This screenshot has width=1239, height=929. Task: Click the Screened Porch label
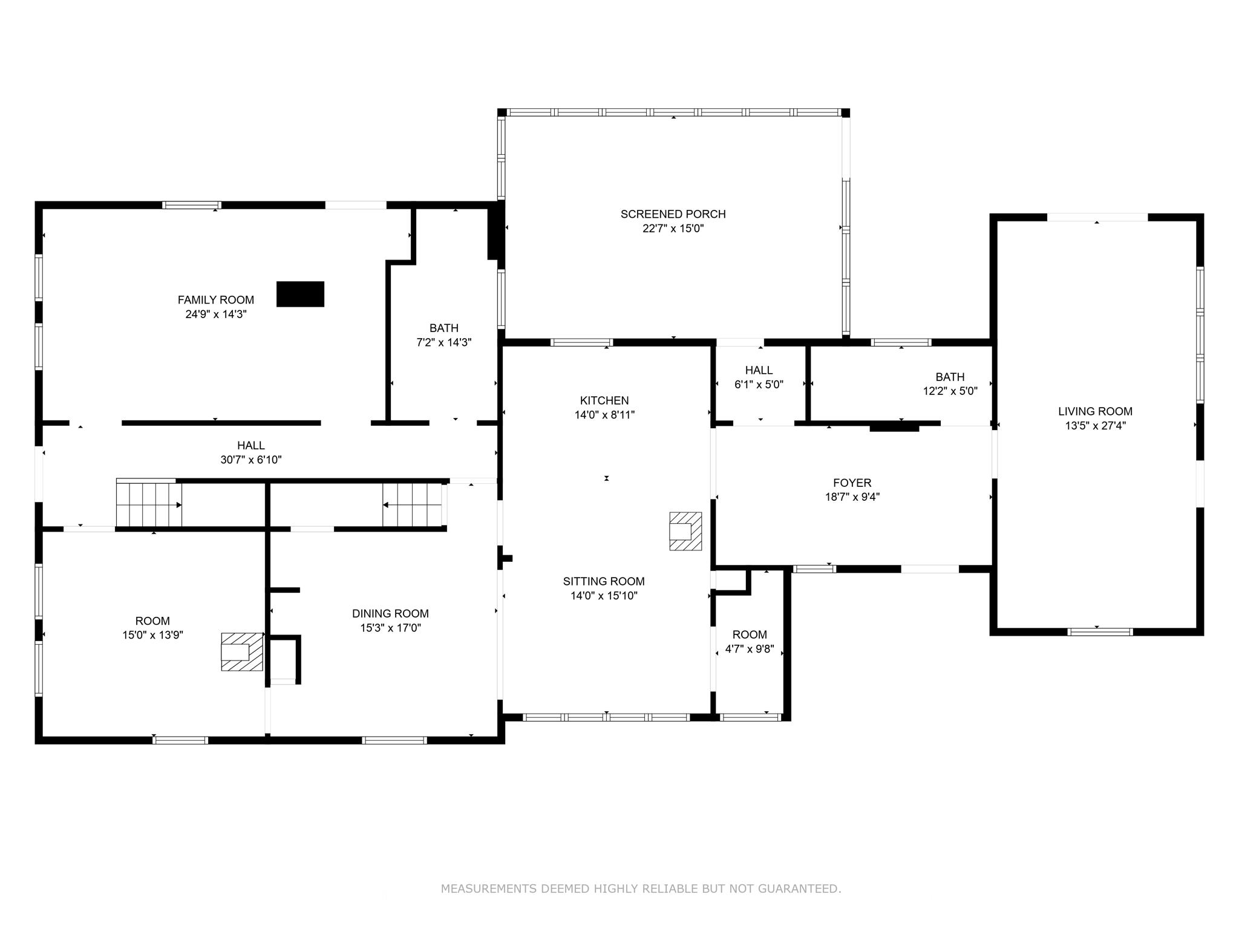pos(673,214)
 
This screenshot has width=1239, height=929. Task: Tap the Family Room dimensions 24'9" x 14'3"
pos(216,315)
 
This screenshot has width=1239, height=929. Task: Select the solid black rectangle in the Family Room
pos(300,294)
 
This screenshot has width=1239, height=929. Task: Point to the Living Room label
pos(1095,411)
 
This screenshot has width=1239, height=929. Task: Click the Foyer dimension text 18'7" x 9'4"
pos(852,497)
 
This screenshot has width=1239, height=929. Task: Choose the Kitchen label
pos(604,400)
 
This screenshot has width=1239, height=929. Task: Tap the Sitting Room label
pos(604,581)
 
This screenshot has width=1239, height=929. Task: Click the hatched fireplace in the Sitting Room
pos(685,531)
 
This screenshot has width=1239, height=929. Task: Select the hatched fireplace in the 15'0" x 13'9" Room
pos(242,651)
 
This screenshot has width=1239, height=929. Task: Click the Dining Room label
pos(390,613)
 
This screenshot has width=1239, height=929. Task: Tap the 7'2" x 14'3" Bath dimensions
pos(443,342)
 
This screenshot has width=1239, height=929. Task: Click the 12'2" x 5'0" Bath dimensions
pos(950,391)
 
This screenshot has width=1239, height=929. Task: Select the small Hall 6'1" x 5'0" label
pos(759,370)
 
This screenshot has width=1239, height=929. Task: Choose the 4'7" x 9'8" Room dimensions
pos(750,650)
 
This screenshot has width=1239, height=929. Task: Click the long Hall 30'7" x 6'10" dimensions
pos(251,460)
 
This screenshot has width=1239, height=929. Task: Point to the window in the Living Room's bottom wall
pos(1100,632)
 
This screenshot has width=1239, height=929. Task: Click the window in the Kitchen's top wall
pos(581,342)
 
